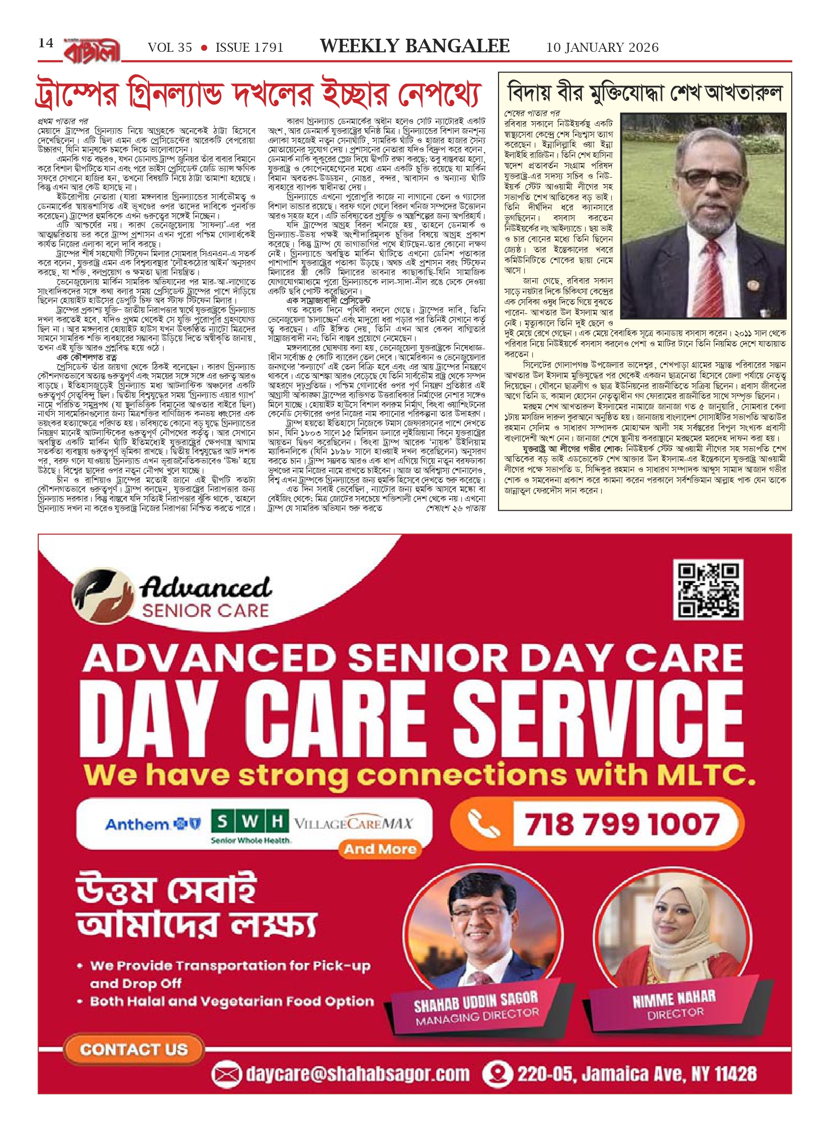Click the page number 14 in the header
click(x=46, y=43)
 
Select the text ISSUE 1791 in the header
click(x=249, y=48)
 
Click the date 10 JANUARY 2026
click(x=602, y=48)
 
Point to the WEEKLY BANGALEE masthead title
click(x=414, y=46)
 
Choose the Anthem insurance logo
click(x=152, y=824)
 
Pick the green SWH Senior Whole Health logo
click(x=250, y=826)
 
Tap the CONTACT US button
click(x=134, y=1049)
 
